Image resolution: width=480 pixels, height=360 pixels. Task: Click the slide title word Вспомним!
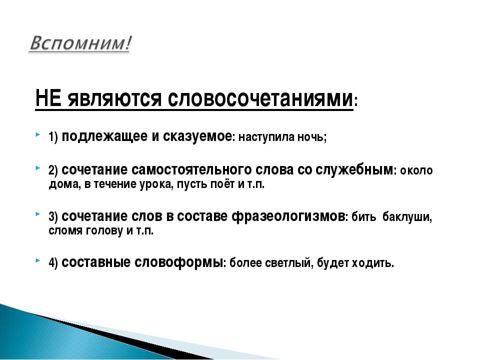(x=80, y=43)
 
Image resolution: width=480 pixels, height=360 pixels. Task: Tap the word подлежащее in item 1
(x=104, y=136)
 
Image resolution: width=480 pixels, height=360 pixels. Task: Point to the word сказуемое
(x=197, y=136)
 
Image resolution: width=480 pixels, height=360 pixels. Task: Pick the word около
(x=416, y=170)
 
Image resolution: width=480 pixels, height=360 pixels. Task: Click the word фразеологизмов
(x=288, y=216)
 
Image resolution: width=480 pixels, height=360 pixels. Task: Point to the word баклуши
(x=406, y=217)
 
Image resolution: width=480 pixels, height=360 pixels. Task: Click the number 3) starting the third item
(x=53, y=217)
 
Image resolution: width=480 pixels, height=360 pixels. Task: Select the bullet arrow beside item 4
(x=37, y=260)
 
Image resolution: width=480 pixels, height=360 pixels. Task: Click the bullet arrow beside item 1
(x=37, y=134)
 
